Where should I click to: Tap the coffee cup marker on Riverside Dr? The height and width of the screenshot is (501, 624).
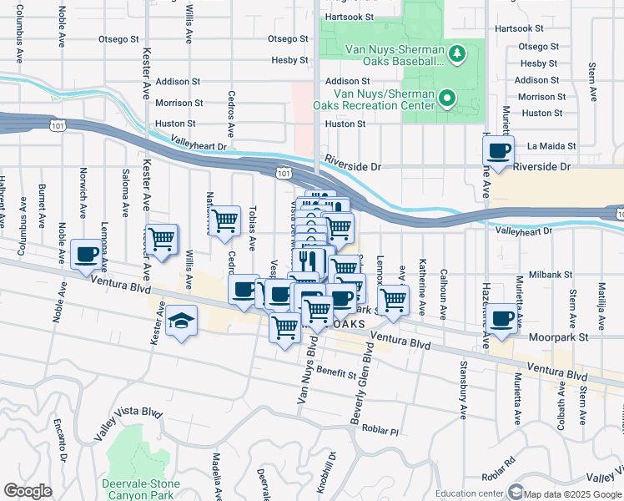(499, 151)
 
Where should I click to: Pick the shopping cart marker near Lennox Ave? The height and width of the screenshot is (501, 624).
(393, 298)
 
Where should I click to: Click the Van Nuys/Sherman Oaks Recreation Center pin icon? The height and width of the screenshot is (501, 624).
(447, 99)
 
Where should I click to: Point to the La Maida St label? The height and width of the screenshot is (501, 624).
(551, 146)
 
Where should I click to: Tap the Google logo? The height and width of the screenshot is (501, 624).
(28, 491)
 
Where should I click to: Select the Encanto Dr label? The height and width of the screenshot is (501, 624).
(63, 439)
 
